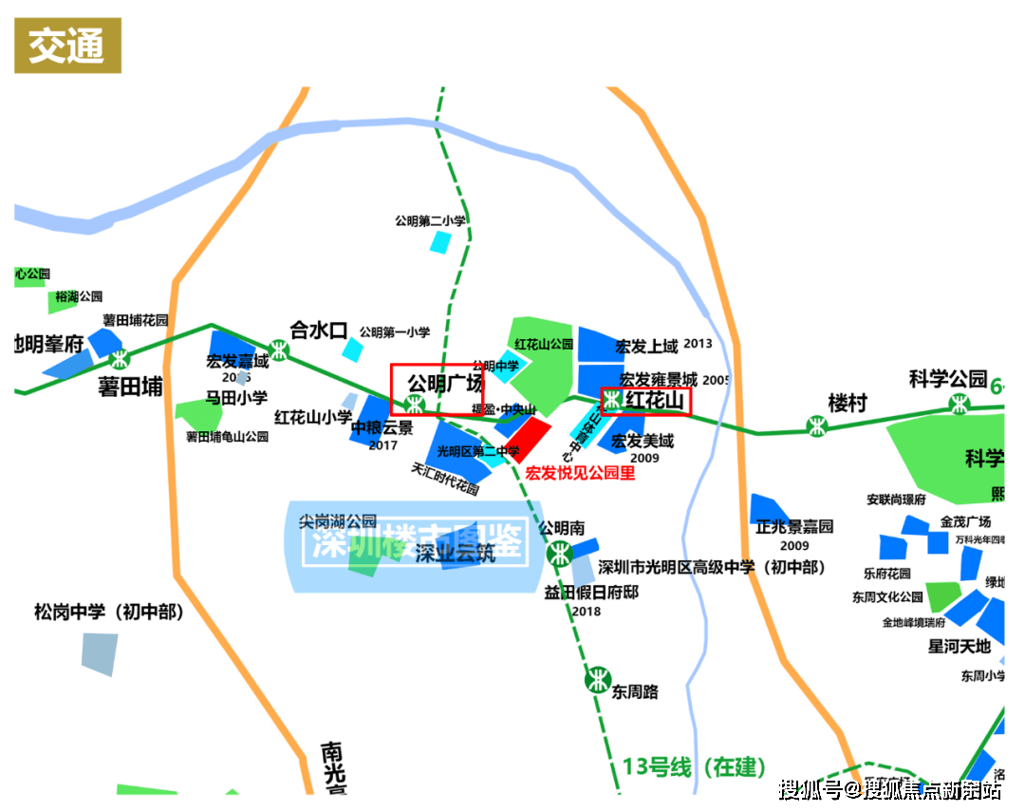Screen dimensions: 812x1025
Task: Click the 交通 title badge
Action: point(67,46)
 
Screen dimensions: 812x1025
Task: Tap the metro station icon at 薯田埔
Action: point(119,360)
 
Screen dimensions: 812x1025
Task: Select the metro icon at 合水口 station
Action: point(278,349)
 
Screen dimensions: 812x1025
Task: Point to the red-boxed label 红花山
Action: point(645,402)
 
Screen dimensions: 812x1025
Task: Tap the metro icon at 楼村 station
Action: point(816,426)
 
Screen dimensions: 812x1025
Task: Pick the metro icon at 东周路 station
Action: point(597,679)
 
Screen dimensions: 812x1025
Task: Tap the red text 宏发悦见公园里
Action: point(580,472)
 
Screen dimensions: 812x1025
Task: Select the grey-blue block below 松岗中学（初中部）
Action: point(100,653)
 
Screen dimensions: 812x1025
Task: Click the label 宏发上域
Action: point(646,345)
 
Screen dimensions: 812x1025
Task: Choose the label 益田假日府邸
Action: point(591,592)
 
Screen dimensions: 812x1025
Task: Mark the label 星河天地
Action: point(959,647)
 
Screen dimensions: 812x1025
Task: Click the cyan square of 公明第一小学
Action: point(352,349)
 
